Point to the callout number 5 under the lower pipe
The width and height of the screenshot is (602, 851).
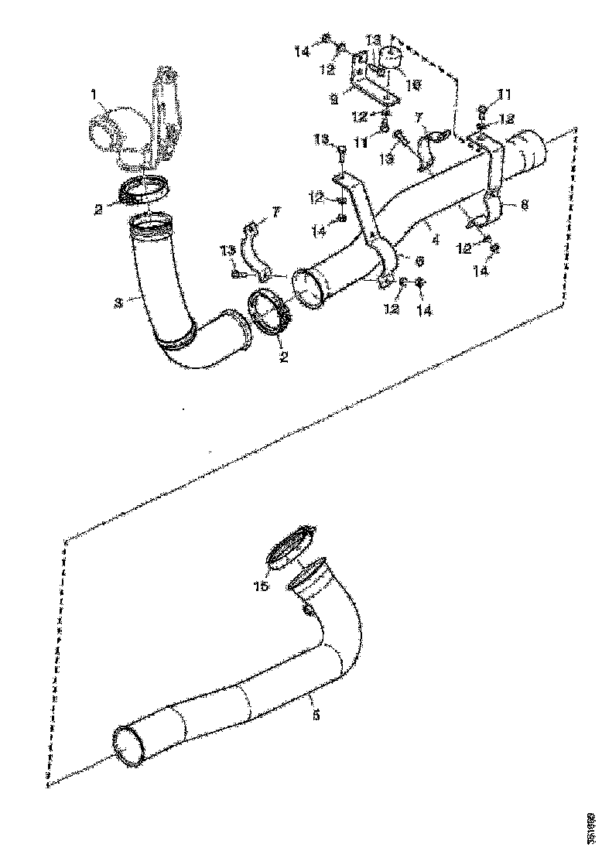316,716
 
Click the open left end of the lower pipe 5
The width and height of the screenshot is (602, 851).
128,746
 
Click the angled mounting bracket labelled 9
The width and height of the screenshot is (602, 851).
371,85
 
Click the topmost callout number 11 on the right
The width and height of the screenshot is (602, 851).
505,94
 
